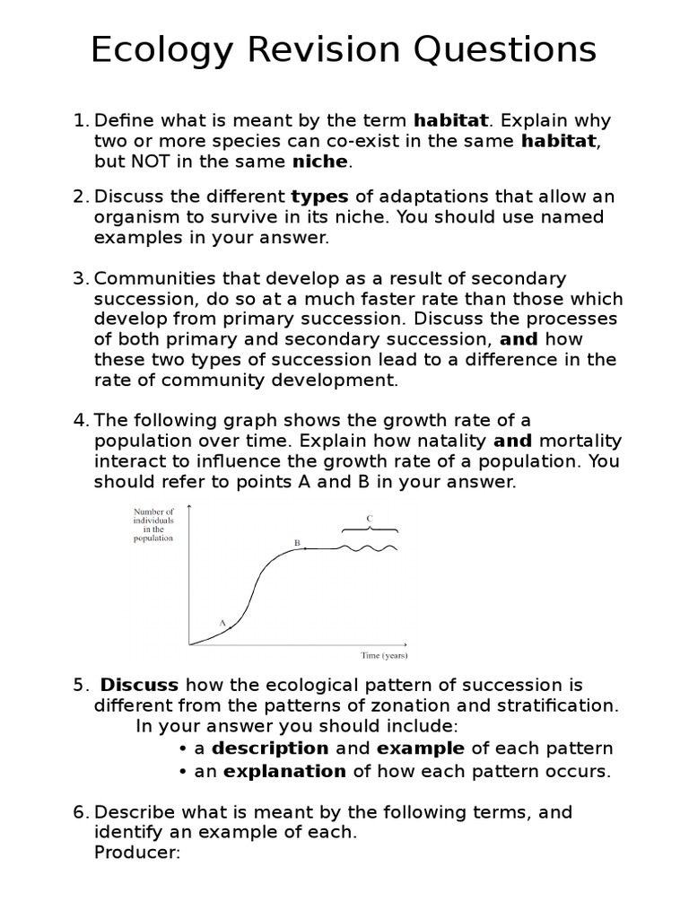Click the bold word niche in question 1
(x=320, y=162)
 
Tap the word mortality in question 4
(x=580, y=441)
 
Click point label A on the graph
(x=222, y=622)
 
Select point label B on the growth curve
(x=297, y=542)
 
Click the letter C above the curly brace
(x=369, y=518)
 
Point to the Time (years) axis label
(x=384, y=655)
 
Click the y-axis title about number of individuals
(x=153, y=525)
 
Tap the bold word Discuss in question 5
(x=140, y=686)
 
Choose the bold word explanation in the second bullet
(x=284, y=771)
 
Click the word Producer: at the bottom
(x=137, y=852)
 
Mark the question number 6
(x=79, y=812)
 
